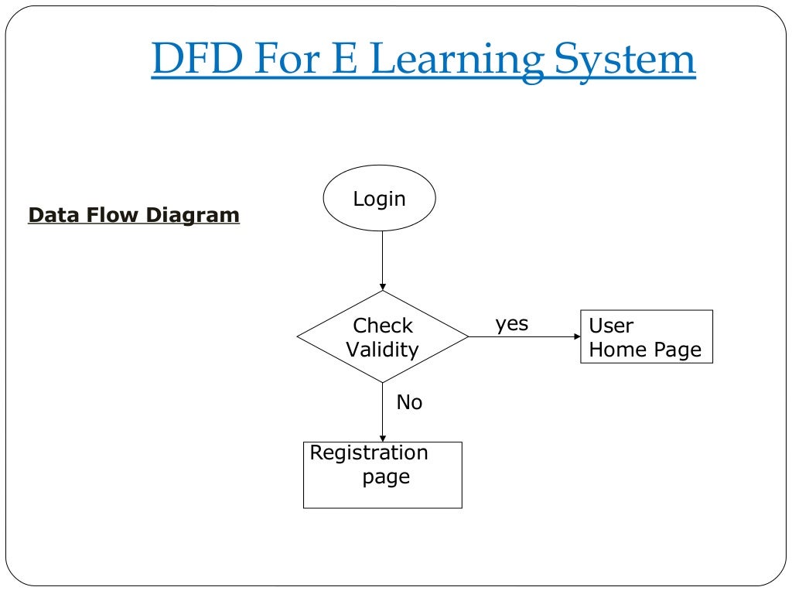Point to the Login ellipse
[x=379, y=199]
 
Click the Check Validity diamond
[x=382, y=337]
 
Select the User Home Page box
[x=646, y=337]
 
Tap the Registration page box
[x=382, y=475]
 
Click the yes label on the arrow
[x=512, y=323]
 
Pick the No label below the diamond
[x=409, y=402]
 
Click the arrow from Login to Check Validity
[x=382, y=261]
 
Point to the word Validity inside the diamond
[x=382, y=350]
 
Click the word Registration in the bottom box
[x=368, y=452]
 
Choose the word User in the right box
[x=610, y=326]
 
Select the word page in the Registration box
[x=386, y=477]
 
